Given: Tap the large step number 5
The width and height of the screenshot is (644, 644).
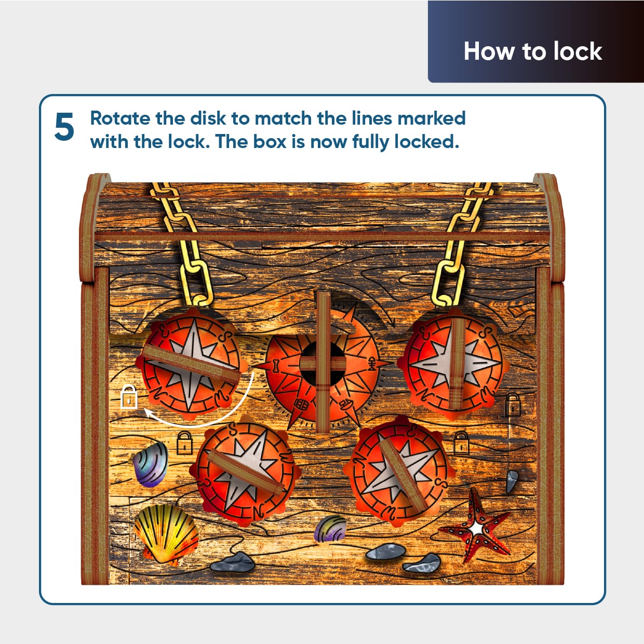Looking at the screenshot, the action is [x=64, y=127].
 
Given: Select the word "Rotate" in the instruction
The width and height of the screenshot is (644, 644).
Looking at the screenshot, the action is [x=120, y=118].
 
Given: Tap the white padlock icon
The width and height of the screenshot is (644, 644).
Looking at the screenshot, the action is [x=129, y=397].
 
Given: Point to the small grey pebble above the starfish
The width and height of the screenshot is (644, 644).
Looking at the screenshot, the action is [x=512, y=481].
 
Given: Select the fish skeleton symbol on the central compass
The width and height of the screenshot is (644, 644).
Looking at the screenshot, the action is [x=372, y=364].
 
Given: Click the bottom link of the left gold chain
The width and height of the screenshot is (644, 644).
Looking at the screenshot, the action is [x=197, y=284].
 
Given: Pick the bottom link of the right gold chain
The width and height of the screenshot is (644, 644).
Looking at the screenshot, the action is [x=448, y=284].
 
